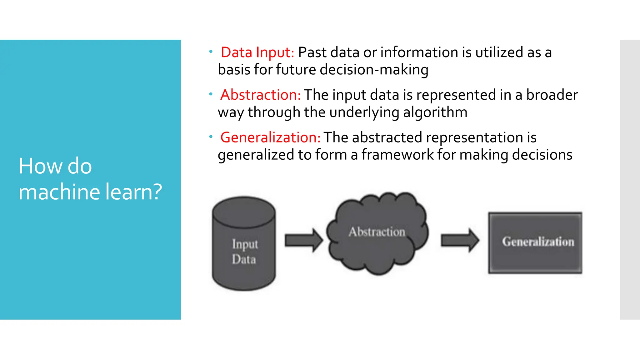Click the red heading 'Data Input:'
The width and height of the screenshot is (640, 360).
coord(257,52)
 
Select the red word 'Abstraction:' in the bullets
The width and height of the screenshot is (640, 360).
coord(260,95)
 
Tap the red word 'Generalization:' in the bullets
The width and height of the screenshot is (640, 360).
coord(270,137)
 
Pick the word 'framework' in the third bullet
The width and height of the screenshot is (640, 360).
coord(397,155)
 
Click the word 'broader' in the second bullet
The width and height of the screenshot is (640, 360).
coord(552,95)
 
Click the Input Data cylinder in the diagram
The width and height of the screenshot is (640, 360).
coord(244,244)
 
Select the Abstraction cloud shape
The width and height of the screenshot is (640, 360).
coord(377,233)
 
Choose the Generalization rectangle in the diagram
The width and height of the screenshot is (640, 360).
coord(535,242)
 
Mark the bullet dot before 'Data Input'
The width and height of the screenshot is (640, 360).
coord(211,51)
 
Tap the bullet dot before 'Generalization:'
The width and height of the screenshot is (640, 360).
coord(211,137)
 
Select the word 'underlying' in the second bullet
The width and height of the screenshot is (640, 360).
coord(364,112)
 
